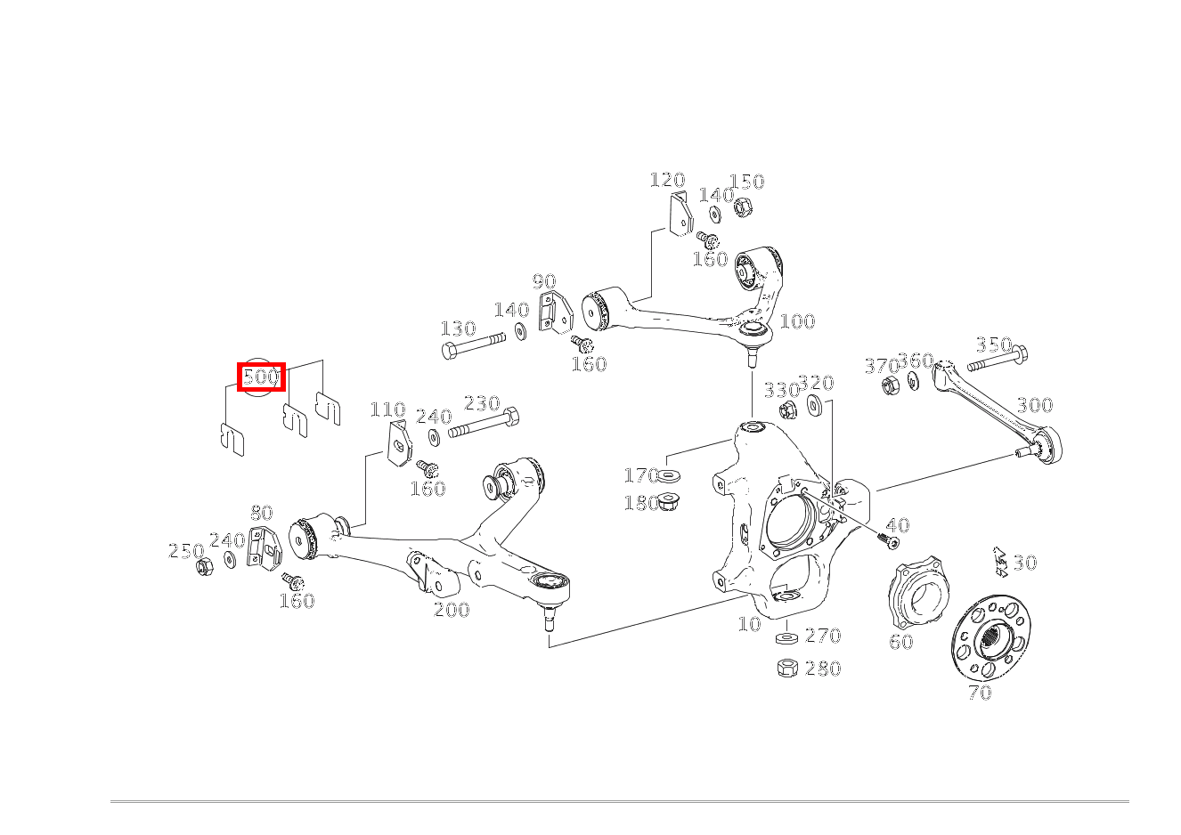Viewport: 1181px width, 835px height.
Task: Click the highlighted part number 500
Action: click(x=261, y=377)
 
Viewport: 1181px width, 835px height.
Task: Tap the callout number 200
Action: click(x=452, y=610)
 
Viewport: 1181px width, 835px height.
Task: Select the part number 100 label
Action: click(x=797, y=321)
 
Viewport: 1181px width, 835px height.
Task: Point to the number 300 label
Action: click(x=1035, y=406)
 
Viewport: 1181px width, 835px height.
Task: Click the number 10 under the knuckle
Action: click(x=749, y=624)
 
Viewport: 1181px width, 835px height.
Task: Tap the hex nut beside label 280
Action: click(x=787, y=668)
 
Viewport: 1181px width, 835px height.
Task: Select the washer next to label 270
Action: click(x=786, y=638)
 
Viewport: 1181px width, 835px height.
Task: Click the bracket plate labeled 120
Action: click(x=680, y=214)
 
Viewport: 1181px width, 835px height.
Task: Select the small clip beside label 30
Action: click(x=1000, y=561)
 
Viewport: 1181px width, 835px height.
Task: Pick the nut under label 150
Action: click(x=740, y=208)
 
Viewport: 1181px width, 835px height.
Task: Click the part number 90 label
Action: click(x=544, y=283)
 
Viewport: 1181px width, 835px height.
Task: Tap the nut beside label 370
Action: click(x=889, y=385)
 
